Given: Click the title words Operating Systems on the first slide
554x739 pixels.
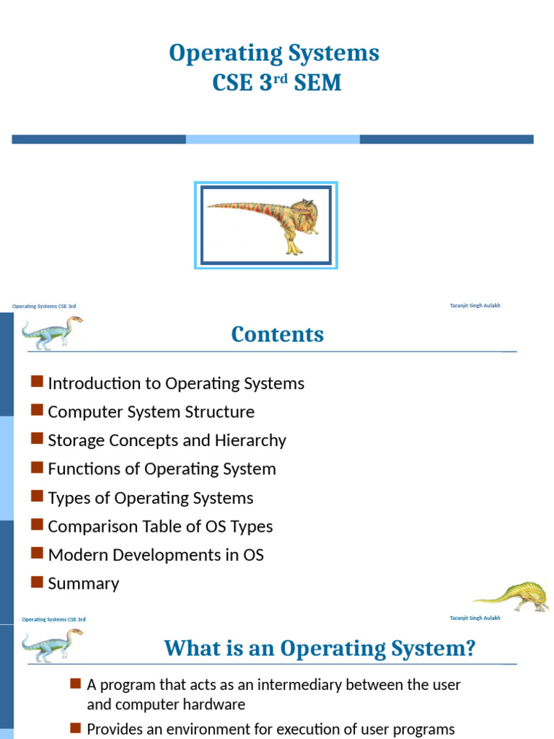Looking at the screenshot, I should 273,53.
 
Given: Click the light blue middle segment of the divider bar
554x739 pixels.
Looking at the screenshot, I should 273,139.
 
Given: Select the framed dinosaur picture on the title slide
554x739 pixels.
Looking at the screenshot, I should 266,225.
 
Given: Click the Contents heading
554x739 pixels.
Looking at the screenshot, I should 277,334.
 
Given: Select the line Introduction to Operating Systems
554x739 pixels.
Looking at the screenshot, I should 175,383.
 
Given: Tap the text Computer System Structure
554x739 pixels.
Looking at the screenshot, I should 151,412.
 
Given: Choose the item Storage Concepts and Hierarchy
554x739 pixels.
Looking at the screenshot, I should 167,440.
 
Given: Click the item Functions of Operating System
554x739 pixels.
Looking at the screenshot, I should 162,469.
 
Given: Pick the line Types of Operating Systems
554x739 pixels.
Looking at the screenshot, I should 150,498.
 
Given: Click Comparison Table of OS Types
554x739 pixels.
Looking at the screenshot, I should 160,527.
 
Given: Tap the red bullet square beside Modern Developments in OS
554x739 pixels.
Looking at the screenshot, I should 38,554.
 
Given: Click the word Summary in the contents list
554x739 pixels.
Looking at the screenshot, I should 83,584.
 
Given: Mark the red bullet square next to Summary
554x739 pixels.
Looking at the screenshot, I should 38,582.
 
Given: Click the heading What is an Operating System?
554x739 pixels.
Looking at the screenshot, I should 320,648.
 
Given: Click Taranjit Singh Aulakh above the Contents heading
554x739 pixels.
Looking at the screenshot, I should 475,305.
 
